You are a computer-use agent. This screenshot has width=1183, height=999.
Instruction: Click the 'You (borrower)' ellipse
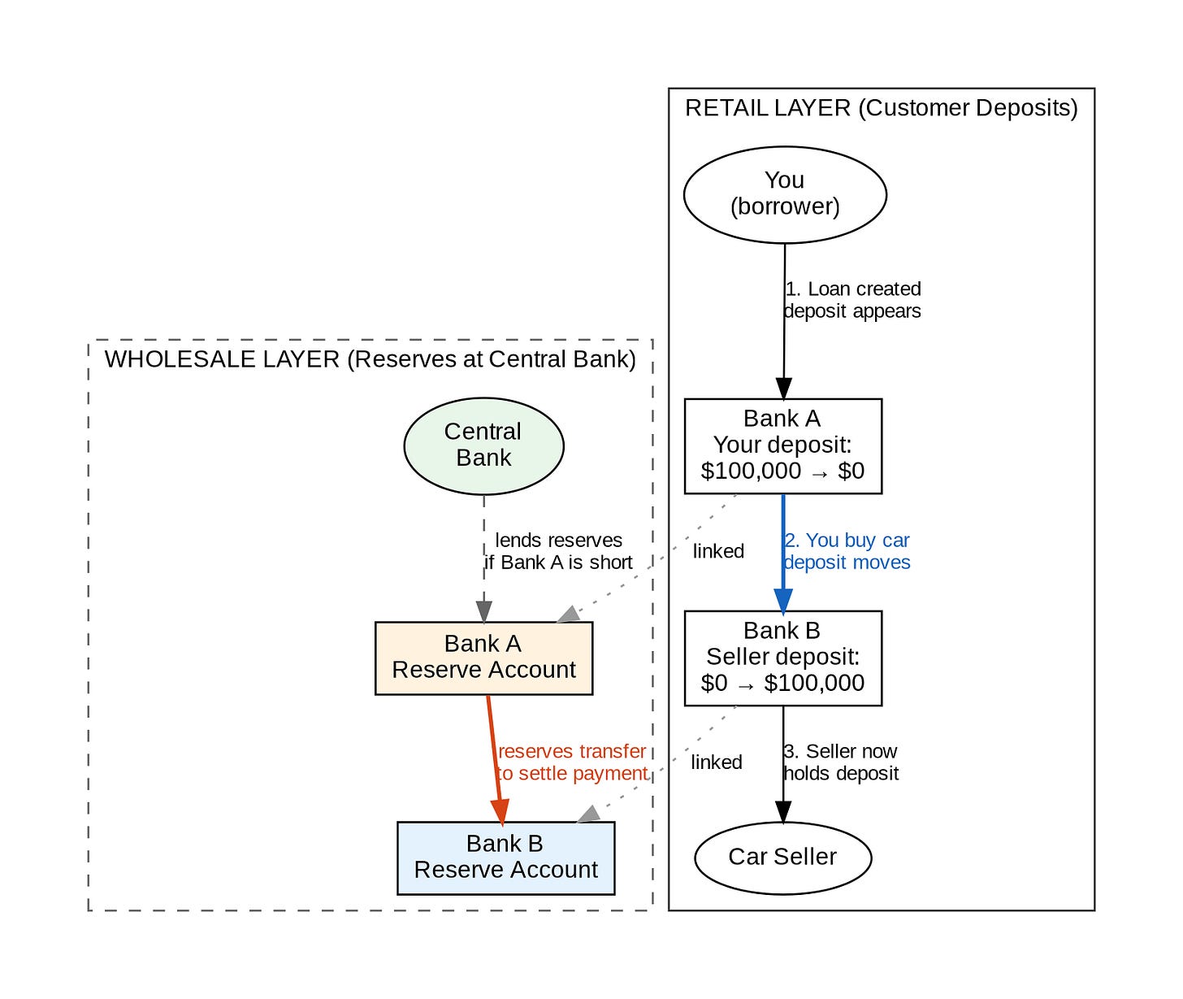click(x=785, y=194)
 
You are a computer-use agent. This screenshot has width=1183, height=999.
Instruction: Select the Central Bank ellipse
click(x=483, y=445)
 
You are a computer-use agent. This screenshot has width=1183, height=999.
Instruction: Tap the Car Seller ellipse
click(x=782, y=858)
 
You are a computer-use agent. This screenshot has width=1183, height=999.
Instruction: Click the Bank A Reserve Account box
click(x=483, y=658)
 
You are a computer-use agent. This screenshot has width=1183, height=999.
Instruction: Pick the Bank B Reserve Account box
click(x=505, y=858)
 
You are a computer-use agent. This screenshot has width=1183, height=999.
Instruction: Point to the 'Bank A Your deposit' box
click(x=782, y=445)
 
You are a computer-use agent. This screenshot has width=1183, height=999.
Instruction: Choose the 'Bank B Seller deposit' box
click(x=782, y=658)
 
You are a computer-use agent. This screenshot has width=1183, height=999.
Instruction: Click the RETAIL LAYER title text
click(x=881, y=108)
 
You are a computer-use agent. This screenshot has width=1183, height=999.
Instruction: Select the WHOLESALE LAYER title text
click(x=370, y=359)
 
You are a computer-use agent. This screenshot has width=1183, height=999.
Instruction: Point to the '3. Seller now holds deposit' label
click(x=841, y=762)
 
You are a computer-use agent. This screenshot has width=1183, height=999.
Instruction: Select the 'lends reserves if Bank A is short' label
click(x=559, y=551)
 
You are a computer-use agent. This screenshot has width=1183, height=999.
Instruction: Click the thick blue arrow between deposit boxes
click(x=783, y=553)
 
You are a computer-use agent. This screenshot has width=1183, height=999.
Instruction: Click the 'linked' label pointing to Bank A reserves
click(x=718, y=551)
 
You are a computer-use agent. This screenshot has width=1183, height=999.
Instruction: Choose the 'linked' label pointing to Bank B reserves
click(x=716, y=762)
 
